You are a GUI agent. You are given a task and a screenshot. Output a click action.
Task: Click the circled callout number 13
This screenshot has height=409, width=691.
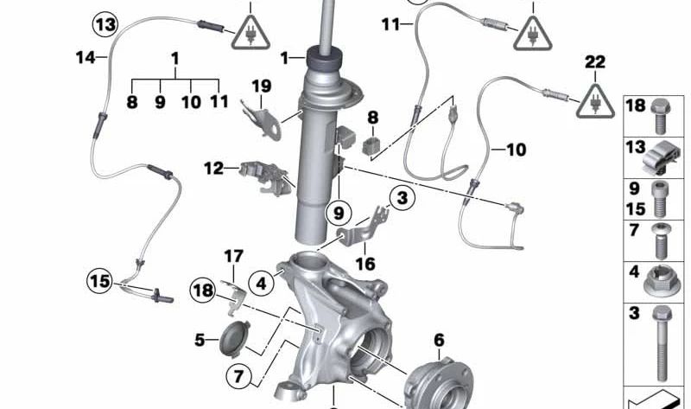(105, 24)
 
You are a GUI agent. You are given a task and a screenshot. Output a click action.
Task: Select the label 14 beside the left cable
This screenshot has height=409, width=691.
(85, 58)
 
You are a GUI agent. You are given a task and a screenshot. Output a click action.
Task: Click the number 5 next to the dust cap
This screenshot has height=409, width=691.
(200, 340)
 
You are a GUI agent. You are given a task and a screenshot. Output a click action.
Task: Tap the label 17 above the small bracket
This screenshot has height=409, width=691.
(234, 256)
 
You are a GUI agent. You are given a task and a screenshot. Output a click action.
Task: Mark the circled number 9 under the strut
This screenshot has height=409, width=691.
(339, 210)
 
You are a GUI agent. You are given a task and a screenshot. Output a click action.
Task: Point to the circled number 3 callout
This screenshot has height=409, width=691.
(400, 198)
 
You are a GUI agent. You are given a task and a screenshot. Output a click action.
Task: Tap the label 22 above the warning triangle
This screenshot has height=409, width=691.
(595, 62)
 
